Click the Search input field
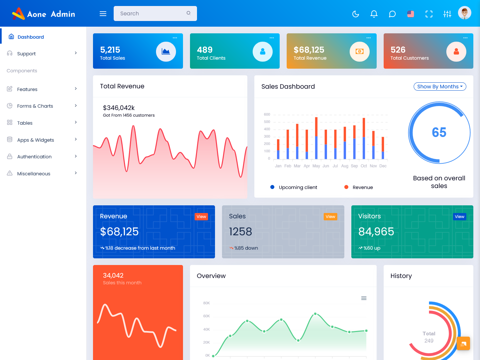[152, 13]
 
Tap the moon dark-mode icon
[356, 14]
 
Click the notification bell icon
[374, 14]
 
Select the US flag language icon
[411, 14]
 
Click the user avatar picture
[464, 13]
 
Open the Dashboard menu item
[31, 37]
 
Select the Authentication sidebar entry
[34, 157]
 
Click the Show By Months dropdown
[440, 87]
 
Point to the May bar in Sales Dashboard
[316, 138]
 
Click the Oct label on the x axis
[364, 166]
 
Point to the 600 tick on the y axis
[267, 114]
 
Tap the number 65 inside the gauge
[439, 132]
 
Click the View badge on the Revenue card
[201, 217]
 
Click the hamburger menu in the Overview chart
[364, 298]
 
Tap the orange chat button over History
[463, 343]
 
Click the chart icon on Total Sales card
[166, 52]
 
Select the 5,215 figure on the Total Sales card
[110, 50]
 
